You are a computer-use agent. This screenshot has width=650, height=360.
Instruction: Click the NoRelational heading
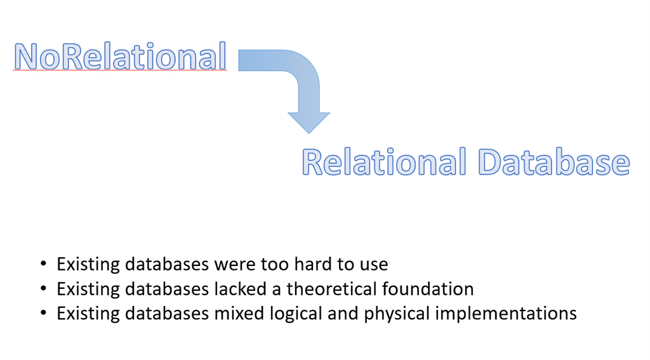point(120,57)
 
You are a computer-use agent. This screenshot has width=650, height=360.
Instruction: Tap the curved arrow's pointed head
point(309,123)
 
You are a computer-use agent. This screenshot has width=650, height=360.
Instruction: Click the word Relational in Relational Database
point(384,162)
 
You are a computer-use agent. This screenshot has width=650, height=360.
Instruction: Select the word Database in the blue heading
point(554,162)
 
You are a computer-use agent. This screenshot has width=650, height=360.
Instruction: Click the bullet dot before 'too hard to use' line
point(44,263)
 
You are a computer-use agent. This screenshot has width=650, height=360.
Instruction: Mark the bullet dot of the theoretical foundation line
point(44,288)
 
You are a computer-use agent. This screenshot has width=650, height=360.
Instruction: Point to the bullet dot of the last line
point(44,313)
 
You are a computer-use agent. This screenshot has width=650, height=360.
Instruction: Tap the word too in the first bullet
point(274,265)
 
